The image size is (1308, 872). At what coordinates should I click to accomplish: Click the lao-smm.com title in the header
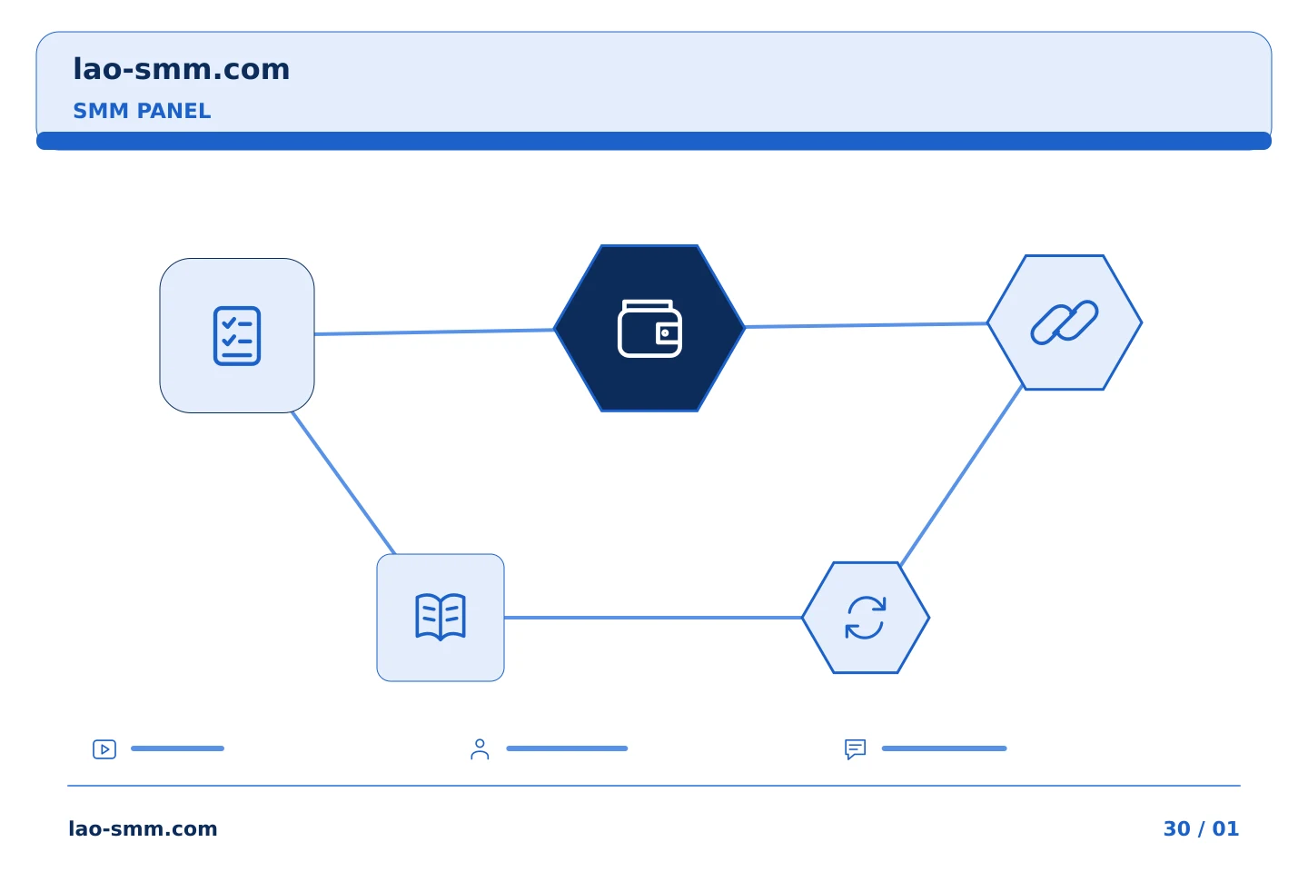coord(181,70)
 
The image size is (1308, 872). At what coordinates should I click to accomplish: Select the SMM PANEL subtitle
coord(142,111)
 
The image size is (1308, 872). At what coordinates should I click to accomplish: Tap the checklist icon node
coord(237,336)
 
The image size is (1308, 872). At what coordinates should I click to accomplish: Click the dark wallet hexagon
coord(649,328)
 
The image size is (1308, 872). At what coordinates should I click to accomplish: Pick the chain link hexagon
coord(1065,322)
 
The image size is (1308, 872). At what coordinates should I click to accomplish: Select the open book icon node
coord(441,618)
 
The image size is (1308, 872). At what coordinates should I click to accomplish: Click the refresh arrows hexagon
coord(866,618)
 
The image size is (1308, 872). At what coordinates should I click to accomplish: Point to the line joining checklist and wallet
coord(434,332)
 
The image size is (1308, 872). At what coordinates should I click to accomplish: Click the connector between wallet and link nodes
coord(867,325)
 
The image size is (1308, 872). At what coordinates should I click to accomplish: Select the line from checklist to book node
coord(343,483)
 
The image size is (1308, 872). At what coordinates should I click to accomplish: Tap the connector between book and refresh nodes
coord(653,618)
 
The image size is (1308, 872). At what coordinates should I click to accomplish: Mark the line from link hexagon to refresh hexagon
coord(961,475)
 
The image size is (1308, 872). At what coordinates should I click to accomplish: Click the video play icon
coord(104,749)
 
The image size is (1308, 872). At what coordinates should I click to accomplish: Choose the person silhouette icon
coord(480,749)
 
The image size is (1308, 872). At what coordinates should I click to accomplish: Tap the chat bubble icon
coord(856,749)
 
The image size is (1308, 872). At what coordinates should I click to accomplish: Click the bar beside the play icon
coord(177,748)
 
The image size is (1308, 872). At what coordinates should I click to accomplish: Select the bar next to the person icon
coord(567,748)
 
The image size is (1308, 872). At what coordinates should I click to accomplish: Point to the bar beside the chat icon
coord(945,748)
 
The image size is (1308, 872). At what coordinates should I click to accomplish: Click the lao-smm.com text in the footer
coord(144,828)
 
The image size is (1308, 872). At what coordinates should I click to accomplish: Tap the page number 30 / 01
coord(1201,828)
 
